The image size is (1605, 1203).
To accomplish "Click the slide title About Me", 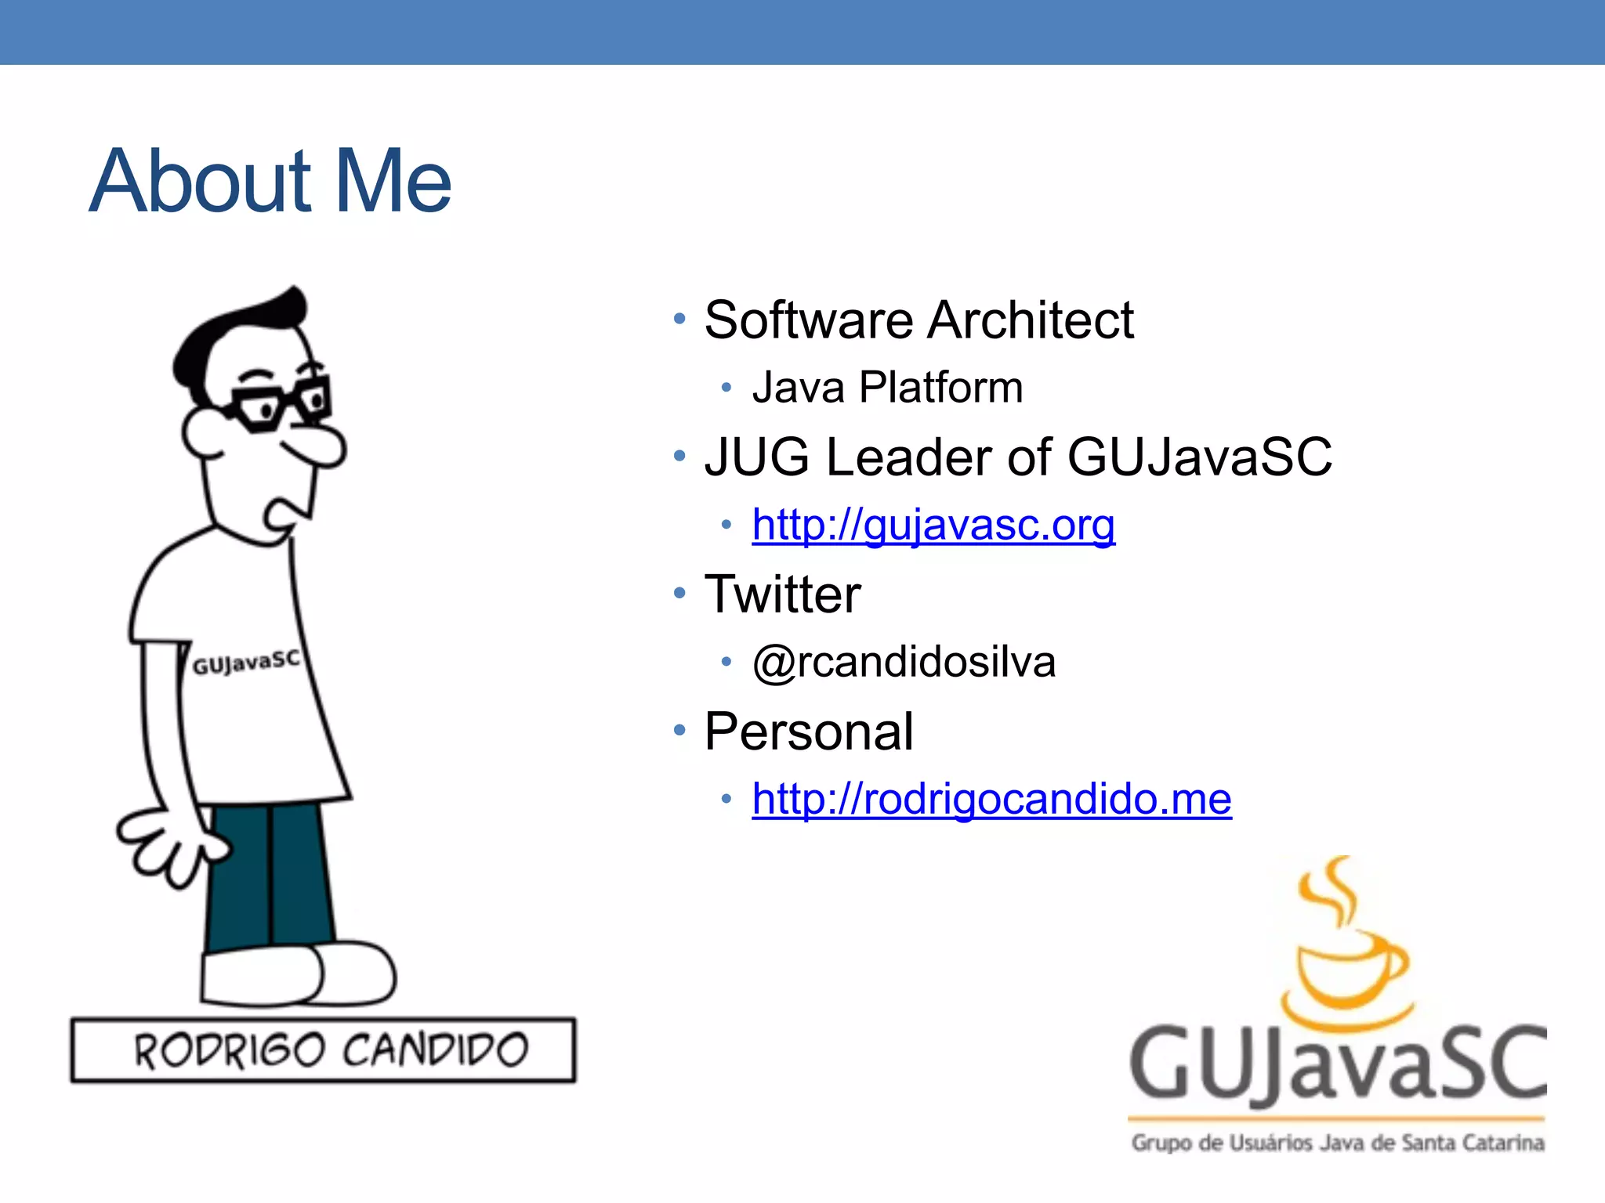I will click(x=270, y=182).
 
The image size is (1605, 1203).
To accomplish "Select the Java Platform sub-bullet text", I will click(x=887, y=388).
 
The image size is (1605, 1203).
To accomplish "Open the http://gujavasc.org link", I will click(x=933, y=526).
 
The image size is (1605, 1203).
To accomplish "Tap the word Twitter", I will click(x=782, y=594).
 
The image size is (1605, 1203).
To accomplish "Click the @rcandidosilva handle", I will click(x=904, y=663).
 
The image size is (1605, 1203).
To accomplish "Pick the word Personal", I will click(x=809, y=732).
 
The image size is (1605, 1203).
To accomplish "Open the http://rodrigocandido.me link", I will click(x=991, y=800).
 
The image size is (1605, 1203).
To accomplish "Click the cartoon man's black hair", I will click(x=235, y=329).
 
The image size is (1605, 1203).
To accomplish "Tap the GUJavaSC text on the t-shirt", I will click(x=246, y=663).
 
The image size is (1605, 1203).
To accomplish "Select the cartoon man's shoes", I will click(x=298, y=975).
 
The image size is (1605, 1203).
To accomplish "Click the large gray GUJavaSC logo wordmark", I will click(x=1337, y=1065).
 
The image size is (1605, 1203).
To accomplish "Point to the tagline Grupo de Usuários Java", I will click(x=1337, y=1143).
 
